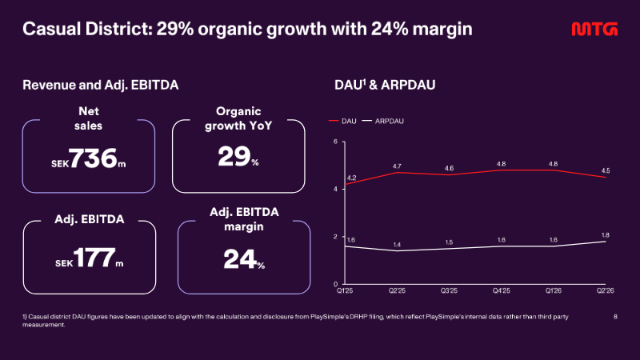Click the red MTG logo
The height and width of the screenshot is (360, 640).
coord(594,29)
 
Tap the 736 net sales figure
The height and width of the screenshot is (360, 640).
coord(93,158)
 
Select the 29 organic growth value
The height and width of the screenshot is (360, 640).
coord(234,156)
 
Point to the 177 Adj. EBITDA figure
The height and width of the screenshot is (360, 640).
coord(94,258)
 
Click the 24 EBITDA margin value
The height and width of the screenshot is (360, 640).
coord(240,259)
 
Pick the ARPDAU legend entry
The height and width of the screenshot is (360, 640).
coord(383,122)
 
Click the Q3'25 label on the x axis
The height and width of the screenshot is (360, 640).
coord(449,291)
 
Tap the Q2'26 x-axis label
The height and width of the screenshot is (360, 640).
coord(606,291)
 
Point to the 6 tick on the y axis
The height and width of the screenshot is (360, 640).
coord(335,142)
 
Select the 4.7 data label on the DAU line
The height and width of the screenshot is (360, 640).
coord(397,166)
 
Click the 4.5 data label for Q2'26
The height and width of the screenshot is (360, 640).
coord(606,170)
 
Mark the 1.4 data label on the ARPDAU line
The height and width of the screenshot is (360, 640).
coord(397,245)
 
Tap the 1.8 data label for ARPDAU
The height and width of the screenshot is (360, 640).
coord(606,235)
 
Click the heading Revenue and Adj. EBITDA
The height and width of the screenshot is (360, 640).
coord(101,85)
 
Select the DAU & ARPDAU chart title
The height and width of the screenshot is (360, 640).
coord(385,85)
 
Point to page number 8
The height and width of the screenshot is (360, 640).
coord(615,316)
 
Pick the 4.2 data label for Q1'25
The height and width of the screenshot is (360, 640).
coord(351,178)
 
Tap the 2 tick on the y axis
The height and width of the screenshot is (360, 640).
coord(335,237)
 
